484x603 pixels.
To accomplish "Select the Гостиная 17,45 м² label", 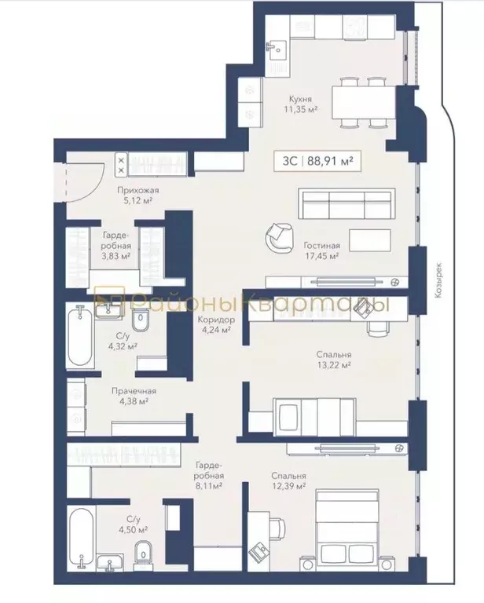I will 321,250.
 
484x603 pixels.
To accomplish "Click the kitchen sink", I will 277,49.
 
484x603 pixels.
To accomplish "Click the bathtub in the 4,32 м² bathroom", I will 79,338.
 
